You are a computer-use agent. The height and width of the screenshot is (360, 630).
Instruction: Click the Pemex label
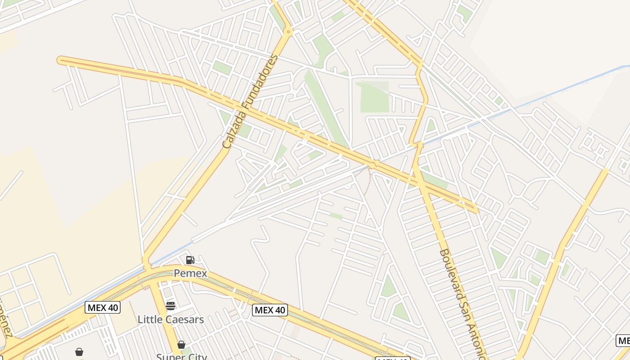(190, 273)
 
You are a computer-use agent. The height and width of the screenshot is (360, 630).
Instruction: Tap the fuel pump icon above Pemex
(190, 260)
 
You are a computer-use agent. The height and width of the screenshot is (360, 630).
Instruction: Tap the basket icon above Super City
(181, 345)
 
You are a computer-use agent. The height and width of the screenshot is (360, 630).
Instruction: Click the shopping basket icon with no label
(79, 351)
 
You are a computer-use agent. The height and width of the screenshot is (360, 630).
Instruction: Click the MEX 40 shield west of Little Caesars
(103, 308)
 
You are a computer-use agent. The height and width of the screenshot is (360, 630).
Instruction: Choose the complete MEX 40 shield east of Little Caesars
(270, 310)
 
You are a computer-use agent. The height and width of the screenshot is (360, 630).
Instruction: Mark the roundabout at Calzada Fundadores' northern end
(288, 31)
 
